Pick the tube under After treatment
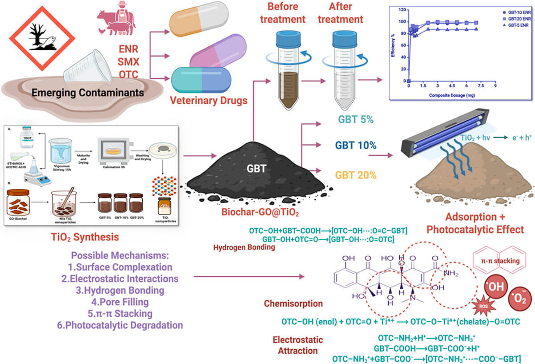point(348,71)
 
